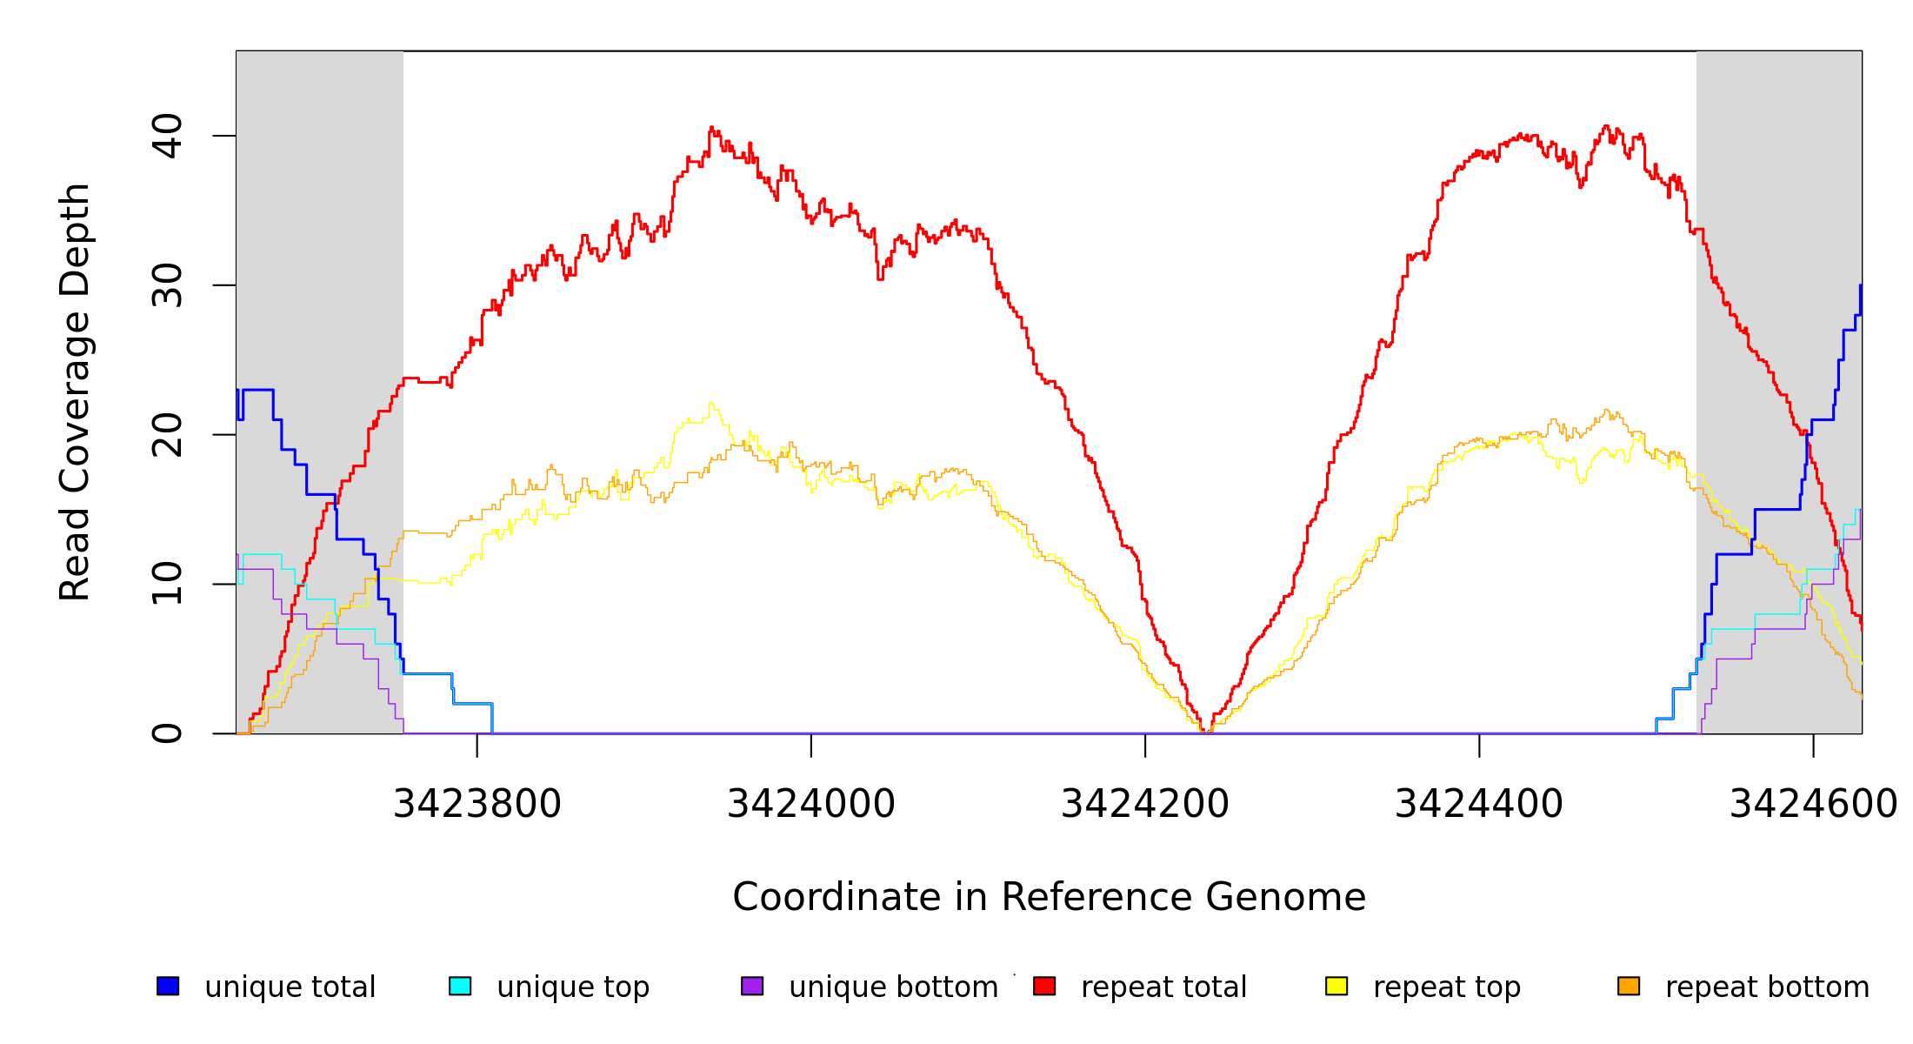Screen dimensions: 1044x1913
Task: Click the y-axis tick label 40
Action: (167, 136)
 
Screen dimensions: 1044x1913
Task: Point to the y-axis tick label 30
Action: (167, 285)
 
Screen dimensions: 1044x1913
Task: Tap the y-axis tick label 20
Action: (167, 435)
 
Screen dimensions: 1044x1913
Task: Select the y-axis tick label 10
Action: (167, 584)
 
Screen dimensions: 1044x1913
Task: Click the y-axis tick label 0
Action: (167, 733)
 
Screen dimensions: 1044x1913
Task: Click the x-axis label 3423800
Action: (477, 804)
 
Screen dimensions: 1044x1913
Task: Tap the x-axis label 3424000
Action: (811, 804)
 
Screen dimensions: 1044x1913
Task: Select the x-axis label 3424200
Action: (1145, 804)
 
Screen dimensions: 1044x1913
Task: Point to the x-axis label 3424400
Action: (1479, 804)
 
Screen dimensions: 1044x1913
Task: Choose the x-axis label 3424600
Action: (1813, 804)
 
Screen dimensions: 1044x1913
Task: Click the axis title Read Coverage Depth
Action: (75, 391)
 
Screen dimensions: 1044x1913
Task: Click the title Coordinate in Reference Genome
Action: (1049, 897)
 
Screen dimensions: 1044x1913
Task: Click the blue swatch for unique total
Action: (168, 986)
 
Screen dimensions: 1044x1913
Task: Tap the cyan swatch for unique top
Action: (460, 986)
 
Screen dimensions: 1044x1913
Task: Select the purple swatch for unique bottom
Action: (752, 986)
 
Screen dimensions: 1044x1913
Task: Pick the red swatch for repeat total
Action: (1044, 986)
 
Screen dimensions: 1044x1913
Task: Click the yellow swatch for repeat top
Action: (1336, 986)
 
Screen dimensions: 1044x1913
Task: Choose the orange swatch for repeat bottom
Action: (1629, 986)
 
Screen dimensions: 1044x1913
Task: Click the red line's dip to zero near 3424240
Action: (1206, 731)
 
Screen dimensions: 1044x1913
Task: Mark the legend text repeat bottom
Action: (1767, 987)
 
